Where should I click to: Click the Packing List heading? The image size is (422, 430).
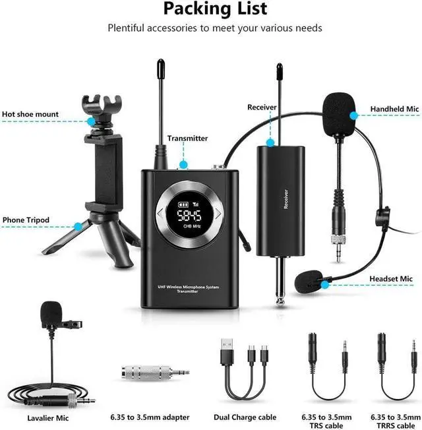pos(216,9)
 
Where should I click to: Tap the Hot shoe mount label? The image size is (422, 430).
pos(30,114)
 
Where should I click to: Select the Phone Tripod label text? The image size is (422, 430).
pos(26,220)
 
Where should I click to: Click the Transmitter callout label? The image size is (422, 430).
pos(187,138)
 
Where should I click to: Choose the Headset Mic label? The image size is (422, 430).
pos(391,279)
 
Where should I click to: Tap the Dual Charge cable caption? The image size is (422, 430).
pos(245,417)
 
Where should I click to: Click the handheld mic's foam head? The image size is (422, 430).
pos(340,110)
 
